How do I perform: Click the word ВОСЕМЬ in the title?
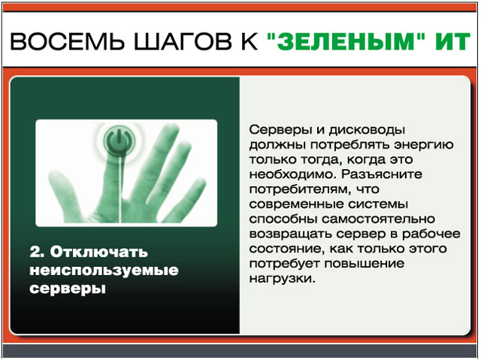coord(67,41)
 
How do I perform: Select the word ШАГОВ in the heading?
coord(183,41)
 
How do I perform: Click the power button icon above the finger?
coord(119,141)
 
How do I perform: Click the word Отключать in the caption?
coord(98,252)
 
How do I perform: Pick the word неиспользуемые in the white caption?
coord(104,271)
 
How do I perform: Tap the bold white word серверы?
coord(68,289)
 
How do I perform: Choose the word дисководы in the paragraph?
coord(367,131)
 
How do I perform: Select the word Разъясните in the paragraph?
coord(382,175)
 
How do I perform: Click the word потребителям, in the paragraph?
coord(300,190)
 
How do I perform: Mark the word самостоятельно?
coord(378,219)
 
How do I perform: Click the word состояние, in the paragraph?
coord(287,249)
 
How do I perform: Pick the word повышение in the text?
coord(365,264)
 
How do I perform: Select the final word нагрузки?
coord(283,279)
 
